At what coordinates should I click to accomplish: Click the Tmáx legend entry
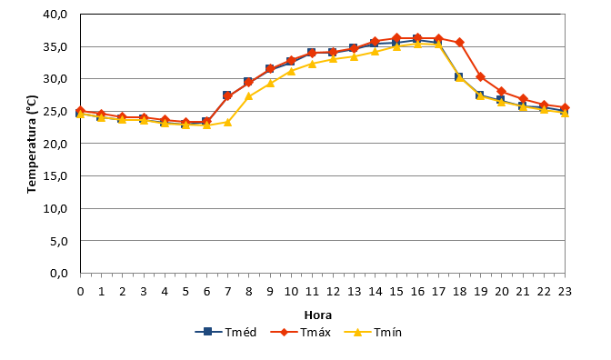(x=300, y=333)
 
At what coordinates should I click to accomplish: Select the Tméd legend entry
(x=226, y=333)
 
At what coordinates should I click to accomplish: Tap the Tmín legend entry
(x=373, y=333)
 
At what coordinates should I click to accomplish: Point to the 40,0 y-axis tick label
(x=55, y=15)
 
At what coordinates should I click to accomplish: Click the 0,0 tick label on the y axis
(x=59, y=274)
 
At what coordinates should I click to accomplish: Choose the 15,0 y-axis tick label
(x=55, y=176)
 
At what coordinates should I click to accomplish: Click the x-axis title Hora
(x=318, y=315)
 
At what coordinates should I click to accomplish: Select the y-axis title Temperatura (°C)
(x=32, y=145)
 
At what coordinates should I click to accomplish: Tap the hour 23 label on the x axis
(x=565, y=292)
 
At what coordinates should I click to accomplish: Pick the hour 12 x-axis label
(x=333, y=292)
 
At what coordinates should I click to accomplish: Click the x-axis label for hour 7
(x=227, y=292)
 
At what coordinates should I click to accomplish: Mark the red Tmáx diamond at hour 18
(x=459, y=42)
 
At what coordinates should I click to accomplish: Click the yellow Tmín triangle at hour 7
(x=227, y=123)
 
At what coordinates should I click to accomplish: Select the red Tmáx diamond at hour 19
(x=480, y=77)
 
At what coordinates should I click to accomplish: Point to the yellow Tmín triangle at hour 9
(x=270, y=83)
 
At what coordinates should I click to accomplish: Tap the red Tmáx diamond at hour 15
(x=396, y=38)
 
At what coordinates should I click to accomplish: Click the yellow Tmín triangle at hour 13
(x=354, y=56)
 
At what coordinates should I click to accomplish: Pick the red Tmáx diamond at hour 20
(x=502, y=92)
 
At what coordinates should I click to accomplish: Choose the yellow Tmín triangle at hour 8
(x=248, y=95)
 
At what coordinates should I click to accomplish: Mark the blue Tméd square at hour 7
(x=226, y=95)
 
